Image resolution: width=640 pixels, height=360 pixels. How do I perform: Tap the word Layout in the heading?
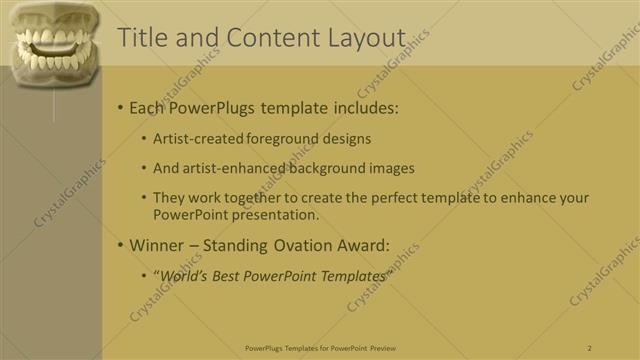pyautogui.click(x=366, y=38)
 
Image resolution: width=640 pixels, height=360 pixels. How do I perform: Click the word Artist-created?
pyautogui.click(x=196, y=139)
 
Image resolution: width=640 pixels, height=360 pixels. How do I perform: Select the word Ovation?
pyautogui.click(x=305, y=244)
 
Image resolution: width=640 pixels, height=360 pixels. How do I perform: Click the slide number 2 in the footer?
pyautogui.click(x=590, y=348)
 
